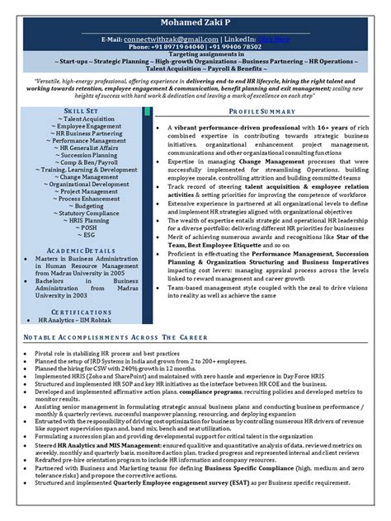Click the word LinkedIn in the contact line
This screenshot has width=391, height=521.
coord(243,38)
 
